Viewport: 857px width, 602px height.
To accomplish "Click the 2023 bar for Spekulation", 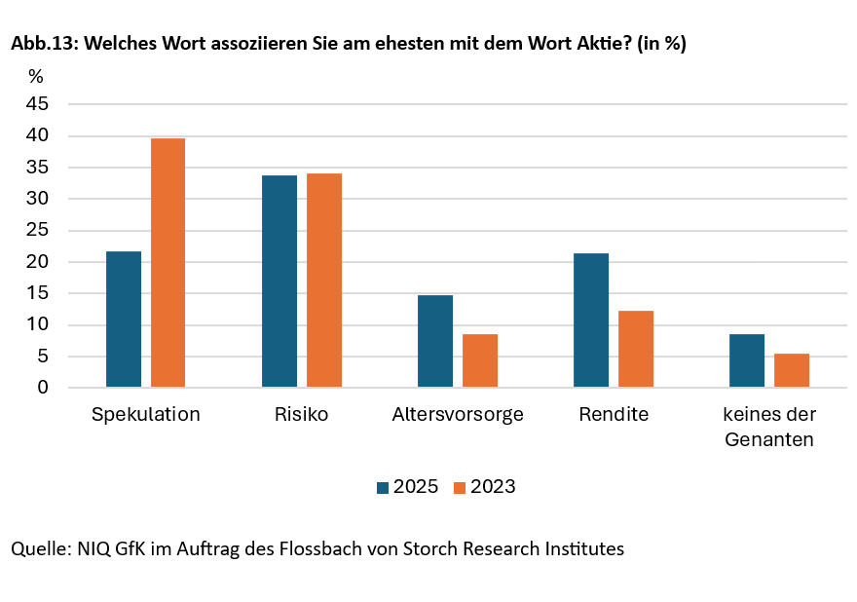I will point(168,263).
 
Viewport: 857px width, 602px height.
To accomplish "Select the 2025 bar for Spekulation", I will point(124,320).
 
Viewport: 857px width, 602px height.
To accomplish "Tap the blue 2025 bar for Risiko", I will point(279,282).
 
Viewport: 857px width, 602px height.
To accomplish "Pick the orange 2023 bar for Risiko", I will point(323,281).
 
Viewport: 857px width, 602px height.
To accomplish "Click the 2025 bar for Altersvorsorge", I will point(435,341).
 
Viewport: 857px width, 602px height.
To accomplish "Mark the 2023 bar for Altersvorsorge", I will point(479,360).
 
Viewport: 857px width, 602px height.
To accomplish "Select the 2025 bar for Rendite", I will point(591,320).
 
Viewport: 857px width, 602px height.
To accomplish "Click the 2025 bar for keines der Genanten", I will point(747,360).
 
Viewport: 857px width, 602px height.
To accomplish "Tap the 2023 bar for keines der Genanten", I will point(791,370).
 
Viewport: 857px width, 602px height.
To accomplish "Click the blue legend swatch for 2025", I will point(383,487).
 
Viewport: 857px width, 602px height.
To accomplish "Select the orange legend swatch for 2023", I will point(460,487).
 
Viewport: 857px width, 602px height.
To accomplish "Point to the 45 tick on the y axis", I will point(37,104).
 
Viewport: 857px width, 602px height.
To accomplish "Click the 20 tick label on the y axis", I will point(37,262).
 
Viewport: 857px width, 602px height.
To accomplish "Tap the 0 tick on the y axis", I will point(43,388).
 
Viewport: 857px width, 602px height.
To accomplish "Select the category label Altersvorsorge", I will point(458,414).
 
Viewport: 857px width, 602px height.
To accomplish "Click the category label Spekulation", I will point(145,414).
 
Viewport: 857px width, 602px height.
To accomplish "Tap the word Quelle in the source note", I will point(38,548).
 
